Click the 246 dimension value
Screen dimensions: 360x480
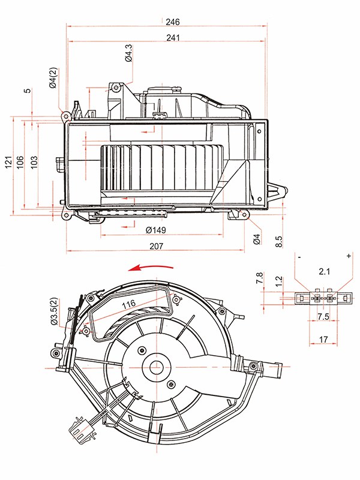pos(173,22)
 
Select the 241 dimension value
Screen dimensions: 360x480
pos(173,38)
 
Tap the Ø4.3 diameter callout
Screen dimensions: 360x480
pos(129,53)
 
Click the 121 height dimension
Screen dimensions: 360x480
pos(9,162)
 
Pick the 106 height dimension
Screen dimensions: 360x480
pos(20,162)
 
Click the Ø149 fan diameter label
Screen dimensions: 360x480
pos(156,230)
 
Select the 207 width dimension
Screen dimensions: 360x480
pos(157,246)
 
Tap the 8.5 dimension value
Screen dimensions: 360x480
pos(279,242)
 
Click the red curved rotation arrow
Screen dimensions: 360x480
pos(151,267)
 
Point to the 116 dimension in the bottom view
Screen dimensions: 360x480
pos(128,304)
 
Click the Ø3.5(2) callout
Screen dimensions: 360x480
pos(53,311)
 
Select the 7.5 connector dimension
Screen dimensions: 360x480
pos(323,316)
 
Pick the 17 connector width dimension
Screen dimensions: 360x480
pos(323,339)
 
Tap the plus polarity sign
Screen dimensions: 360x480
pos(349,256)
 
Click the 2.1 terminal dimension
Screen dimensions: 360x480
pos(324,271)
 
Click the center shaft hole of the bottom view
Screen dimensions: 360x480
pos(157,367)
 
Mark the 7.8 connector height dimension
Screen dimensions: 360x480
pos(260,278)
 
